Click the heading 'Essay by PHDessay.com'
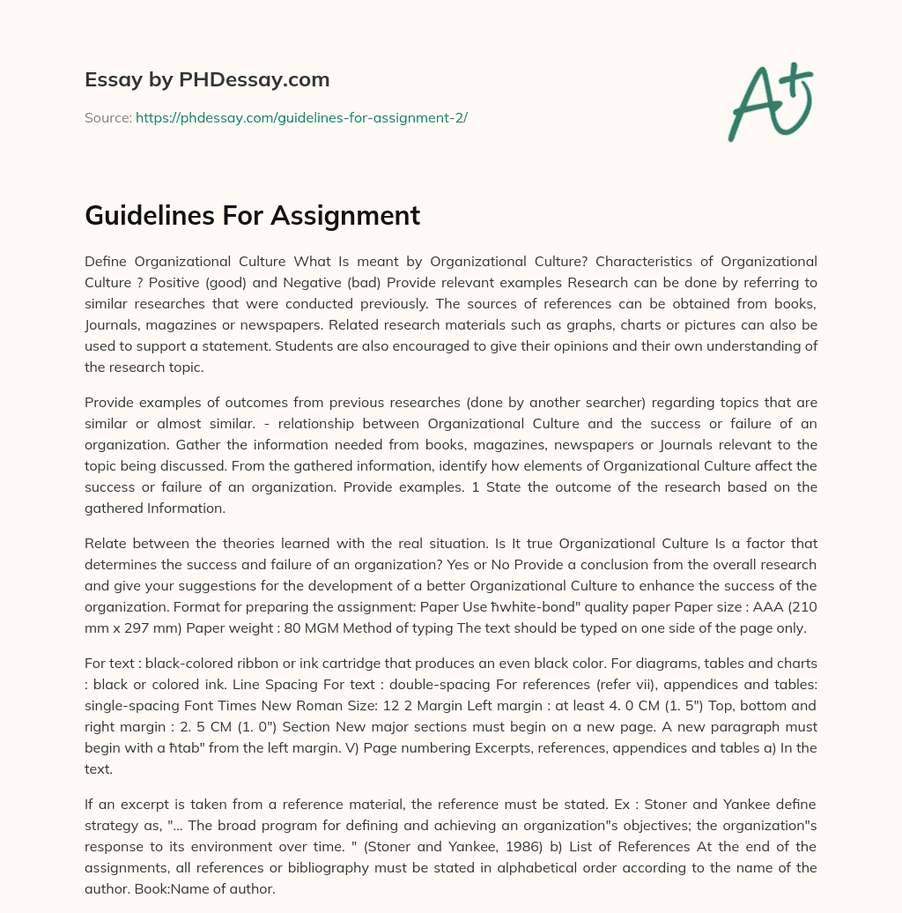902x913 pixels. (x=207, y=80)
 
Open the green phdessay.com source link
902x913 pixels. (x=301, y=117)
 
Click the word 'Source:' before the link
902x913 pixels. (x=107, y=117)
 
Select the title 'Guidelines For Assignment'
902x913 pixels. (x=252, y=215)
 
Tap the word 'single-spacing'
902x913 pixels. (x=129, y=705)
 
